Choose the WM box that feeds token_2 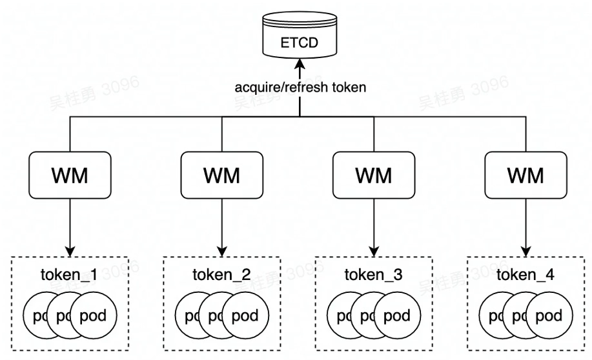221,175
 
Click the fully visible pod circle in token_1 93,315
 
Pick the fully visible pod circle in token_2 245,315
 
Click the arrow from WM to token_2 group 221,226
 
